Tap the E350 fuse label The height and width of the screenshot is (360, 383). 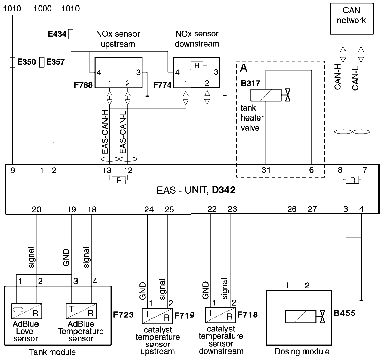tap(27, 63)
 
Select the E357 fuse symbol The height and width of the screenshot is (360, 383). tap(42, 62)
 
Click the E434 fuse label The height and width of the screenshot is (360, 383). tap(56, 34)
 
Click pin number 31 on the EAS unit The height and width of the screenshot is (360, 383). tap(266, 170)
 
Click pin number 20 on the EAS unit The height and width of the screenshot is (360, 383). tap(36, 209)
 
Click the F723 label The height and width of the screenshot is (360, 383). tap(124, 315)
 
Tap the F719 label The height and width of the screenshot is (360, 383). tap(184, 315)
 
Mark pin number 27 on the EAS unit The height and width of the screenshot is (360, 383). tap(312, 209)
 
